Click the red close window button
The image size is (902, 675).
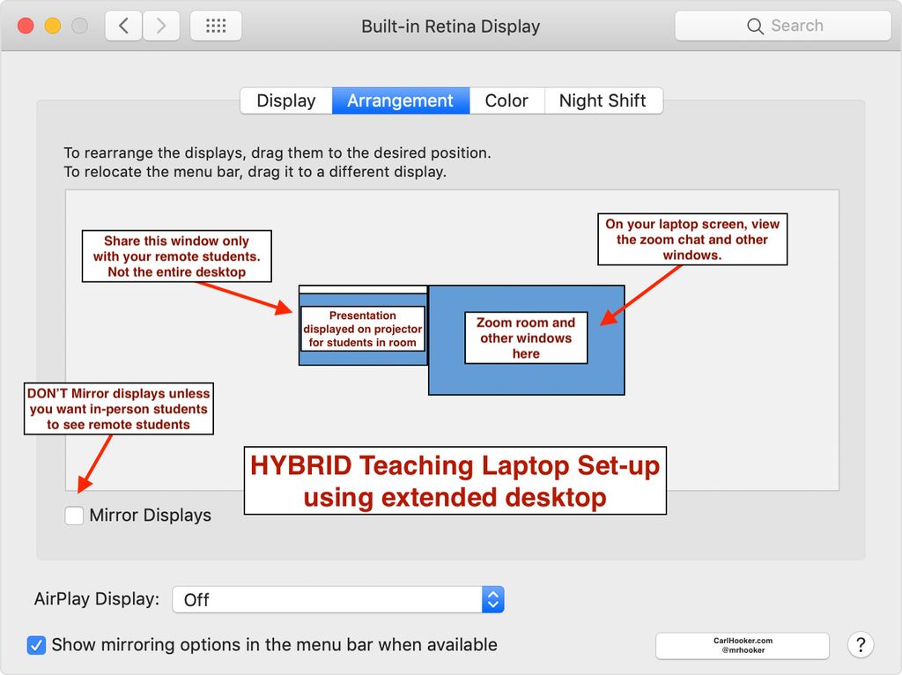26,26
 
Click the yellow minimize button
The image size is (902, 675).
53,26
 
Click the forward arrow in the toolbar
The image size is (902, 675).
160,26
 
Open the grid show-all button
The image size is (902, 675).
216,26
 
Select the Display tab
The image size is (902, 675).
285,100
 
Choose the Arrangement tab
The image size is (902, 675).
400,100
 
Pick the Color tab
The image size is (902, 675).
506,100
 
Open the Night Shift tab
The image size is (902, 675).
603,100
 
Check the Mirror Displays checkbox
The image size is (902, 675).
75,516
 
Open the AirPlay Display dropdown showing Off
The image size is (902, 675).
337,600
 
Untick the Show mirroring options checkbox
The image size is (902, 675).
36,645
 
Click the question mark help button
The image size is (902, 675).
861,645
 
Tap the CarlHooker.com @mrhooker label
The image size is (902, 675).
742,646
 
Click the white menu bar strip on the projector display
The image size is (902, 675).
363,289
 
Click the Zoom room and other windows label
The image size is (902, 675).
526,338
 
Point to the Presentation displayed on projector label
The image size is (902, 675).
362,329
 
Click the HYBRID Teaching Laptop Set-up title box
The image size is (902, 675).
455,480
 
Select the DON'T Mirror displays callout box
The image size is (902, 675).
118,409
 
